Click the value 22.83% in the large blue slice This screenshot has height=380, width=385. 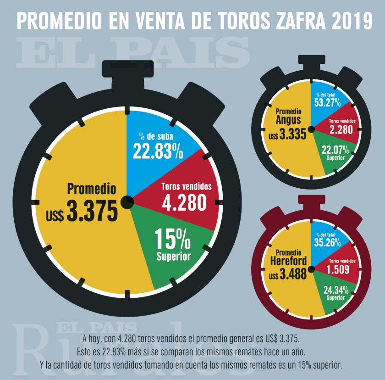(157, 151)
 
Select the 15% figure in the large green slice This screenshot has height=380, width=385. (173, 239)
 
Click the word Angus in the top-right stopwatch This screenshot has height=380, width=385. (288, 120)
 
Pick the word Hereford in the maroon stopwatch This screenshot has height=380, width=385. (288, 262)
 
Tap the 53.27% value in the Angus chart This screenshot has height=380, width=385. (327, 102)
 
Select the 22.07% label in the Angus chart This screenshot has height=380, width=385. (335, 150)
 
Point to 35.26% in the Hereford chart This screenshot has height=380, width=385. (327, 242)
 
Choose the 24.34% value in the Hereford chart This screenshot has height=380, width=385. (335, 290)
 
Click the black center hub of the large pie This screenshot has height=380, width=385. (127, 201)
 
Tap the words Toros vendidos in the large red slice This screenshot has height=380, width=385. (186, 187)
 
